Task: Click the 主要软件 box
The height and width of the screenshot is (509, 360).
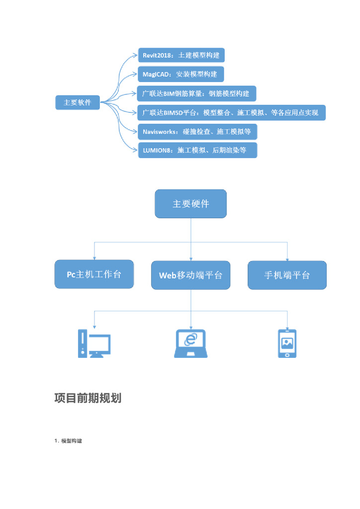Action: click(x=77, y=103)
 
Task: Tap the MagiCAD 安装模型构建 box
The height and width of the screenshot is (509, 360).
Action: click(x=180, y=75)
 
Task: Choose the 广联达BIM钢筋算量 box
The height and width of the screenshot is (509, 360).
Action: click(x=196, y=93)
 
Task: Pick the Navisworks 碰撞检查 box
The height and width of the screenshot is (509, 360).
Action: click(x=197, y=132)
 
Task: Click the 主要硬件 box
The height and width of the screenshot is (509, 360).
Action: click(x=190, y=204)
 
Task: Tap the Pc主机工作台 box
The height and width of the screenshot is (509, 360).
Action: click(x=94, y=274)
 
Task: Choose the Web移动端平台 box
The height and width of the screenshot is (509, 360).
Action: click(x=190, y=275)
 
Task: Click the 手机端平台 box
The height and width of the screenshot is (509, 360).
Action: click(x=287, y=275)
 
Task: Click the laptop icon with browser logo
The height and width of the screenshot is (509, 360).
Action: click(x=190, y=343)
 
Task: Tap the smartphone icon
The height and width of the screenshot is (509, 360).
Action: click(x=287, y=343)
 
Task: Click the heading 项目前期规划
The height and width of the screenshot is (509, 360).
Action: click(x=88, y=398)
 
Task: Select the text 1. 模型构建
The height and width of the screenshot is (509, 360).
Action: click(x=68, y=441)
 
